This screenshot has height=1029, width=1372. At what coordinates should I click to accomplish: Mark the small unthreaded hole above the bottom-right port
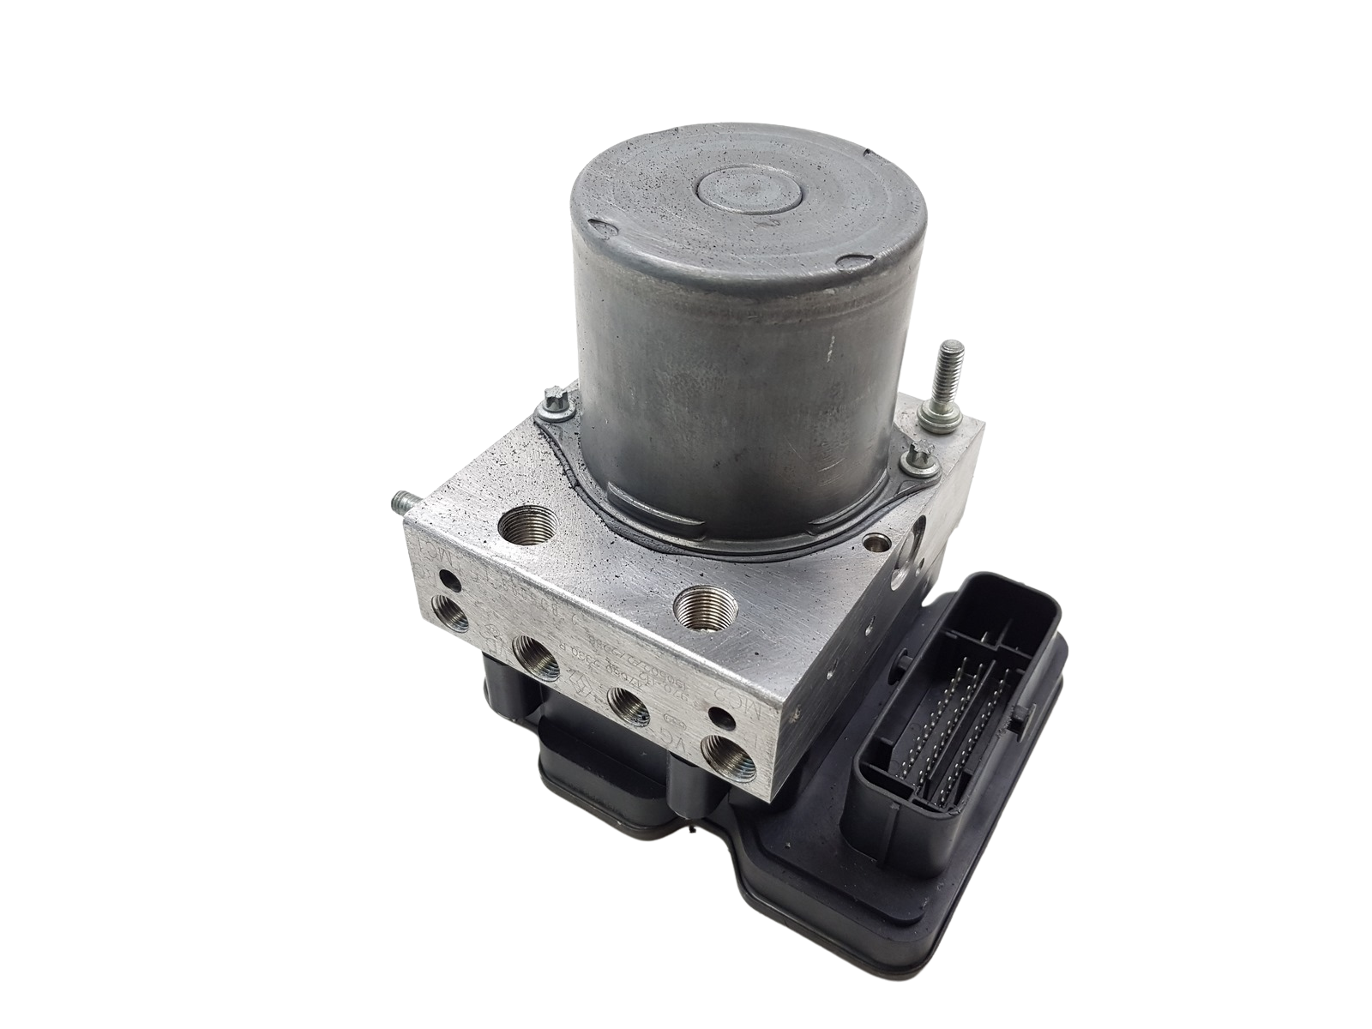(719, 713)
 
